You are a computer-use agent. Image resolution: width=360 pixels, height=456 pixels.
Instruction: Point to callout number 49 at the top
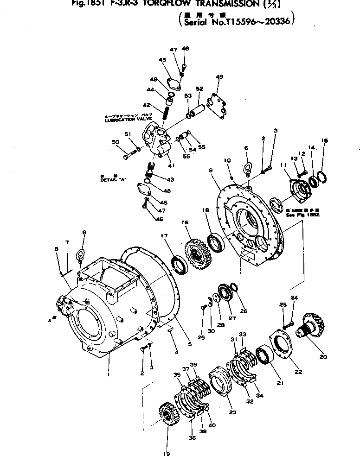(x=219, y=77)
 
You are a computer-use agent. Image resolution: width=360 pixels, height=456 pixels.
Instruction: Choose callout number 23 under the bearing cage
(x=231, y=412)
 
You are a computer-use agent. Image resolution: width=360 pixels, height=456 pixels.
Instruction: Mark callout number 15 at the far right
(x=325, y=140)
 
